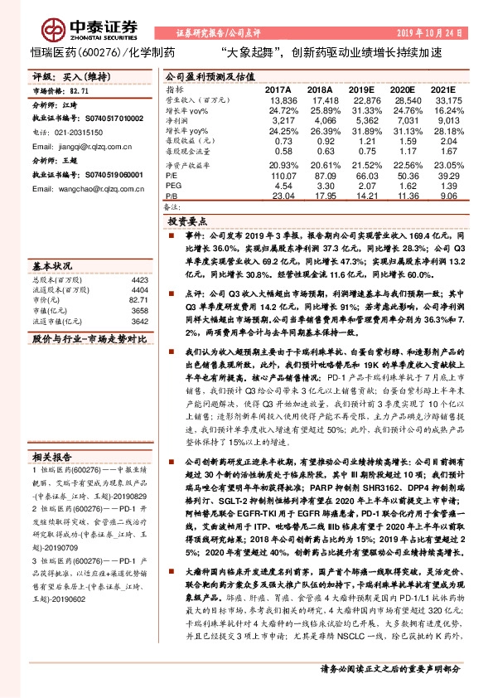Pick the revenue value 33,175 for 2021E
pos(444,99)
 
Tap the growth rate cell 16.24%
pos(444,110)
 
